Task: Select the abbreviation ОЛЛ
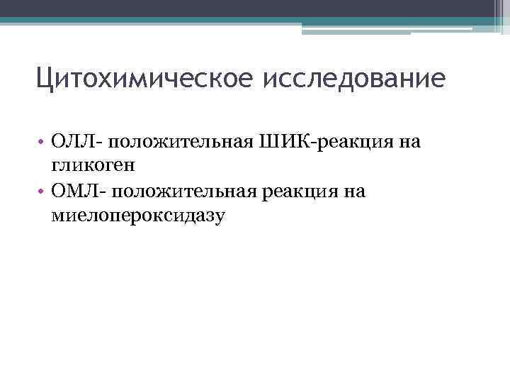pos(67,143)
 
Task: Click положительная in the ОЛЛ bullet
pos(180,143)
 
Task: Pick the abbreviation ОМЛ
pos(69,191)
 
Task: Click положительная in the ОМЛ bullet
pos(183,191)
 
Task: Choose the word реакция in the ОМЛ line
pos(300,191)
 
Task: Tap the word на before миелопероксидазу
pos(356,191)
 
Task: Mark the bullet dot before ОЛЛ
pos(42,143)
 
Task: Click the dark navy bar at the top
pos(248,8)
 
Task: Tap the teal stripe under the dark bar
pos(248,21)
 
